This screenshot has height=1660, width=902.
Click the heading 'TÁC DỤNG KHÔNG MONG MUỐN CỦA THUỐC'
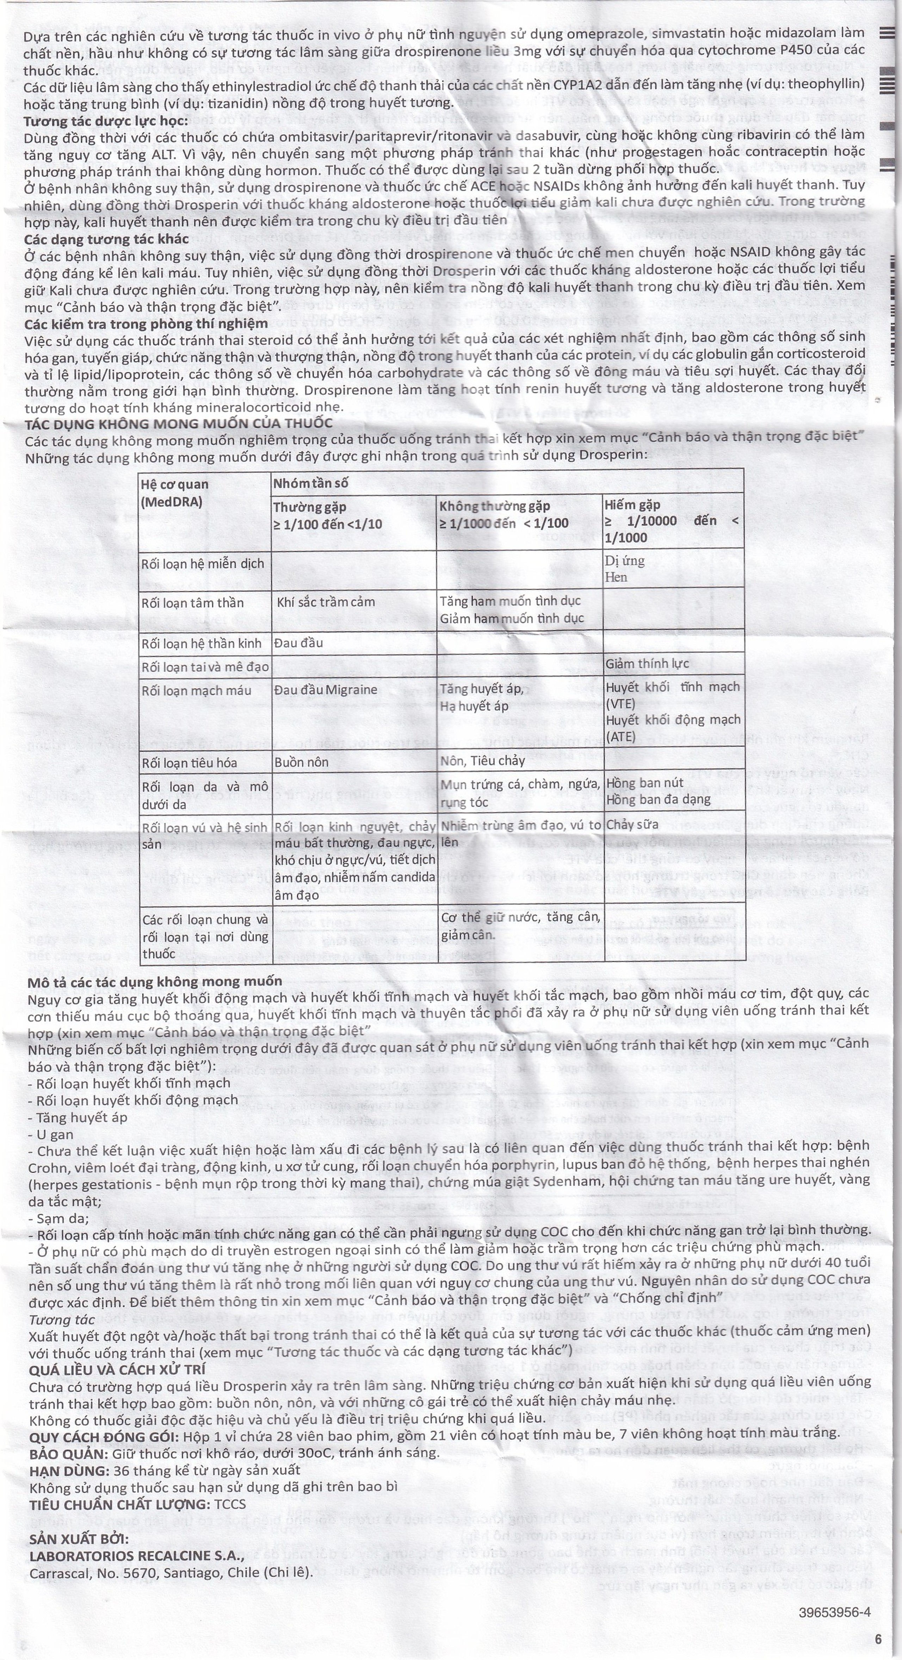[x=179, y=424]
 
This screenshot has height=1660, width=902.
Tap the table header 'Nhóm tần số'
[x=309, y=483]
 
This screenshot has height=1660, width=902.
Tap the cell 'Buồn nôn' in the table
[x=301, y=762]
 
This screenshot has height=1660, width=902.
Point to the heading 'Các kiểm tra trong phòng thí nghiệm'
[x=146, y=324]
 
